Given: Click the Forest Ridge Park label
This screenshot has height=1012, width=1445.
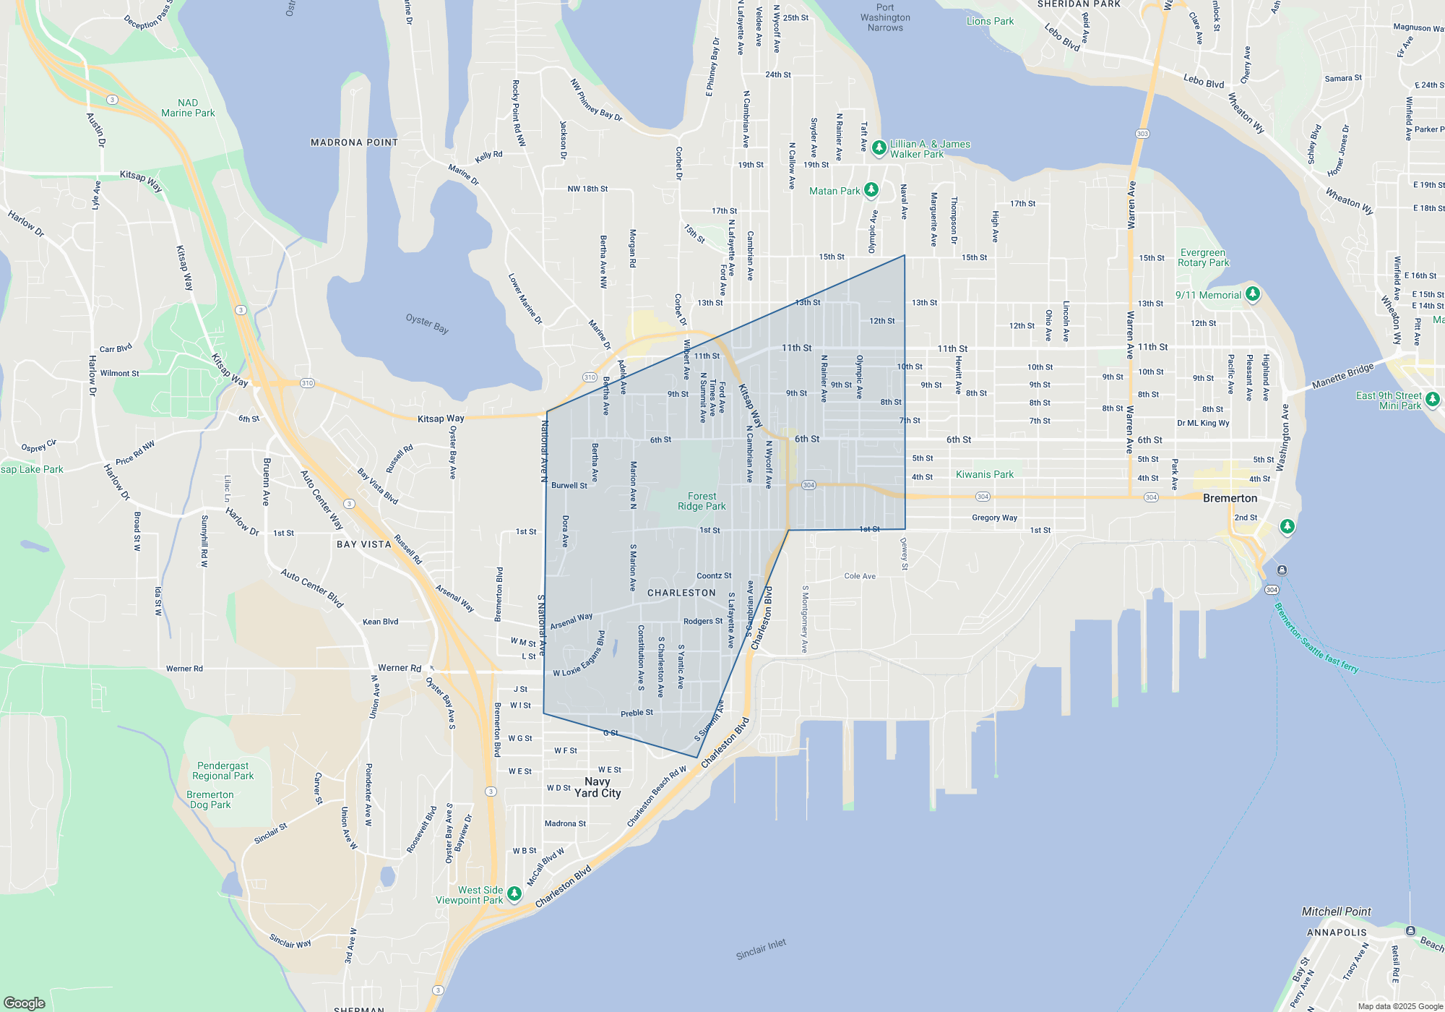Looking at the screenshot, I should (702, 501).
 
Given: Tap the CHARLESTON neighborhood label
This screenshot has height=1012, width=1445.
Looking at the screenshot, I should (681, 593).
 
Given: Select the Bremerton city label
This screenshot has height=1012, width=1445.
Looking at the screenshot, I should (1230, 498).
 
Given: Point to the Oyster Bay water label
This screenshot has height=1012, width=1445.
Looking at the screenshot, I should (427, 323).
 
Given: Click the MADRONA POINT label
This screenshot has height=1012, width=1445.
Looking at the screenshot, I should (354, 142).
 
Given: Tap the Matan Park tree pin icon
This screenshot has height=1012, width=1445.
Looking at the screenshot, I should (871, 189).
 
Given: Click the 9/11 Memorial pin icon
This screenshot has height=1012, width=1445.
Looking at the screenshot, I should (1253, 293).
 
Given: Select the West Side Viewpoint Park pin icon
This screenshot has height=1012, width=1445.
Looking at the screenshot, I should (514, 893).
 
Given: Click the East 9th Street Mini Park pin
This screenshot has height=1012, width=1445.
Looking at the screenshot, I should (1433, 398).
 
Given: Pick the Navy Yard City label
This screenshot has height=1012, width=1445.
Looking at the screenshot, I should (598, 787).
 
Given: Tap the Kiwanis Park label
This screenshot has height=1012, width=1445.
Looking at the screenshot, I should (984, 474).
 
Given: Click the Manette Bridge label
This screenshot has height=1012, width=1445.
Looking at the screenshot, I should (1342, 375).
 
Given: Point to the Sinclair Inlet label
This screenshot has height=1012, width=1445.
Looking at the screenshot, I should (761, 949).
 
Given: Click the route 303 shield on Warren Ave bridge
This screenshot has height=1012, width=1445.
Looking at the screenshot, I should (1142, 134).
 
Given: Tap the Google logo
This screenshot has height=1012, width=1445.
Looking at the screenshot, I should (25, 1003).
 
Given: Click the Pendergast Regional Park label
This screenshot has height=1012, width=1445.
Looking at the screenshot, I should (223, 771).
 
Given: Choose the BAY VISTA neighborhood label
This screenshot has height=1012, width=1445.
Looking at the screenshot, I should (363, 544).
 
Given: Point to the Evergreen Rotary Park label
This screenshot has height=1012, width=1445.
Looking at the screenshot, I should (1203, 257).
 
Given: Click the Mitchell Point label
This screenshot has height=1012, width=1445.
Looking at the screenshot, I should (1336, 912).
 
